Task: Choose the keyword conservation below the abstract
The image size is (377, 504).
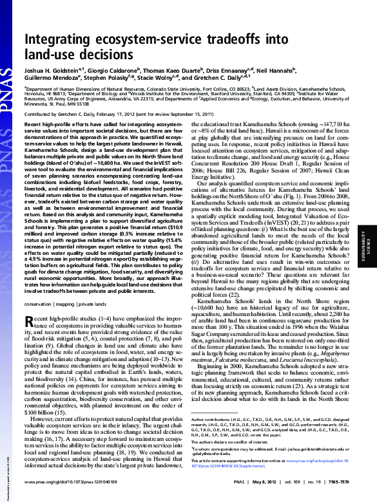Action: click(x=39, y=303)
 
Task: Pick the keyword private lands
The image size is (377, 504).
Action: click(x=93, y=303)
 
